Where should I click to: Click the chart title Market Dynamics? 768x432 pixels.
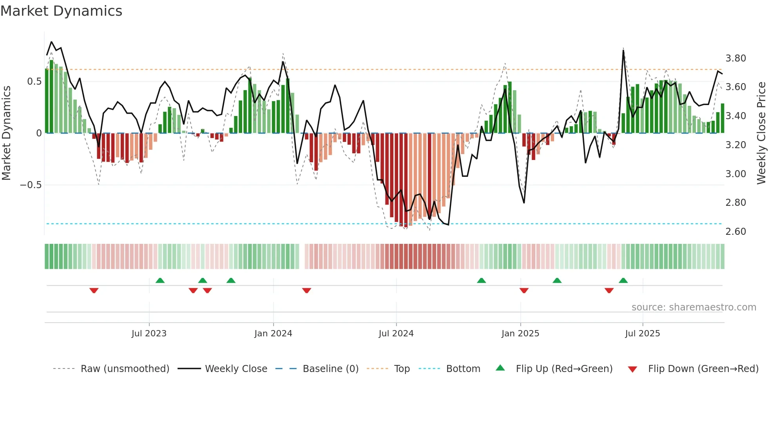point(61,11)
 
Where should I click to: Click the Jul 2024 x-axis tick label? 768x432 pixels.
point(396,334)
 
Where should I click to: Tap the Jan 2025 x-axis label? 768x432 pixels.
point(520,334)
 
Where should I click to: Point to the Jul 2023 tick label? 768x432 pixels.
point(149,334)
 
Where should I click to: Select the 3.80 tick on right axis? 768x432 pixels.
point(735,58)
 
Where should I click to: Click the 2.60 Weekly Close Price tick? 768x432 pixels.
point(735,232)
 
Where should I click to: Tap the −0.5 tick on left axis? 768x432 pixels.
point(31,185)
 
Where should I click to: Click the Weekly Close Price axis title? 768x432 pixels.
point(761,133)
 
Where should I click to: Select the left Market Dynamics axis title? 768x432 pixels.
point(6,133)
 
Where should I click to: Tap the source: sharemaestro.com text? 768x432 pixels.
point(694,307)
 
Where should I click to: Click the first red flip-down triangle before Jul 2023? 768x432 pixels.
point(94,290)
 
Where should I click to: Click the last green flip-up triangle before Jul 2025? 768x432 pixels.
point(623,280)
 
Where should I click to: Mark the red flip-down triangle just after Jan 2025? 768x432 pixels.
point(524,290)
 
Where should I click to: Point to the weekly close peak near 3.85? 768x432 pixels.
point(623,50)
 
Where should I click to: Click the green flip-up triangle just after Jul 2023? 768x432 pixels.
point(160,280)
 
